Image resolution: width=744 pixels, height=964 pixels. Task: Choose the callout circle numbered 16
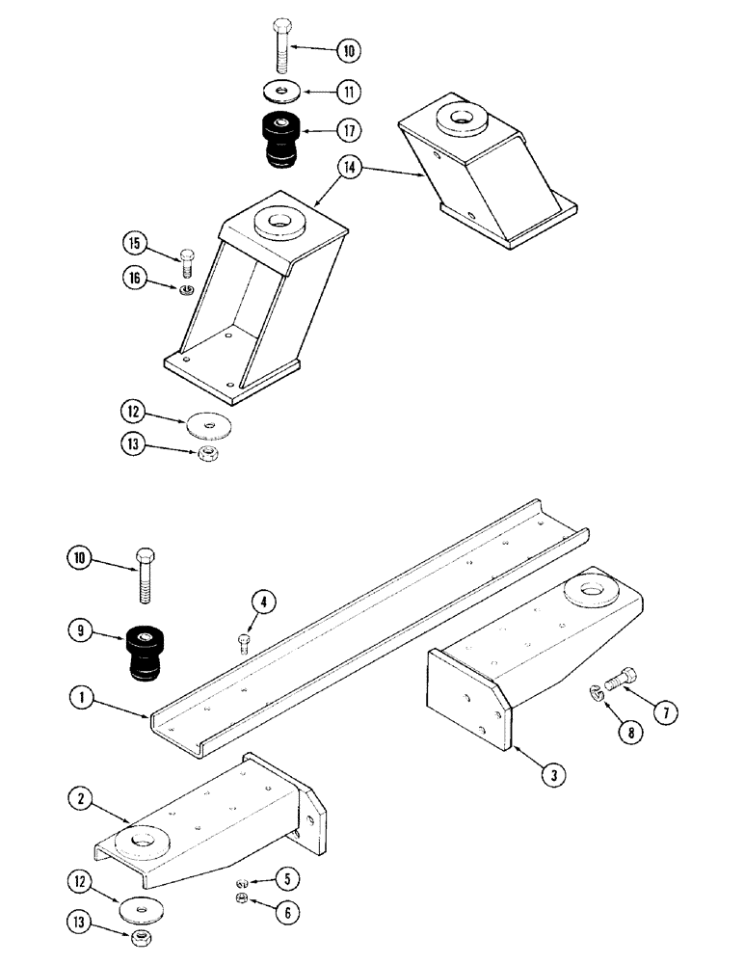click(x=135, y=278)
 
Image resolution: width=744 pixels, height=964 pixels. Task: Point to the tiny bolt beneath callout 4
click(x=243, y=642)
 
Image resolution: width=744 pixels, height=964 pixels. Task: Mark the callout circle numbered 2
click(x=82, y=798)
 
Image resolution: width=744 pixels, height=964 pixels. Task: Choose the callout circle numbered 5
click(x=286, y=878)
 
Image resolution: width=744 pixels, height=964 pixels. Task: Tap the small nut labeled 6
click(x=242, y=898)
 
